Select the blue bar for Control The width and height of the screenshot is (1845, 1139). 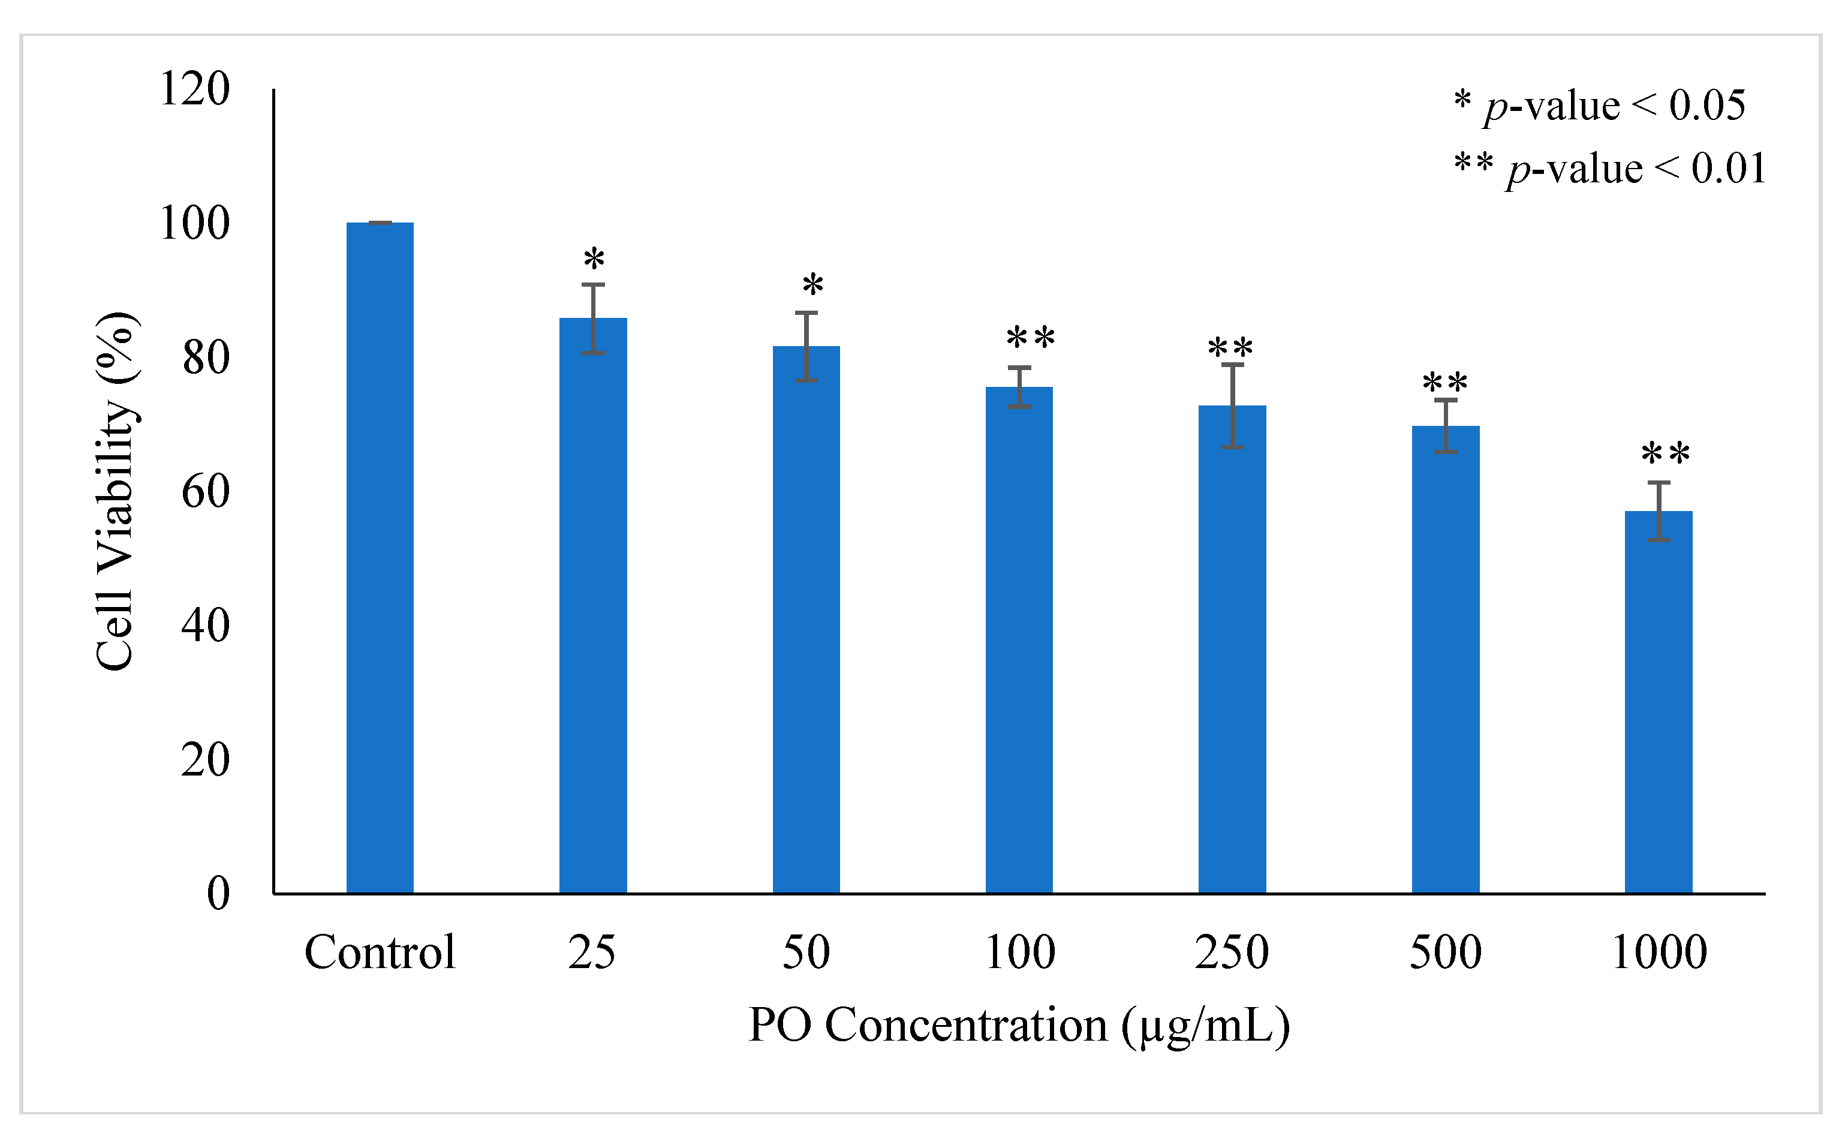tap(380, 557)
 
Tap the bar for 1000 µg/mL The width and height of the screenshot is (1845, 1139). tap(1659, 701)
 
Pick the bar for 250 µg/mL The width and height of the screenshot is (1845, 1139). tap(1232, 648)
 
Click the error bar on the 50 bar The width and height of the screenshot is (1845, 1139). tap(806, 347)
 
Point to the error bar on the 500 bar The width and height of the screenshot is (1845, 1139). tap(1445, 426)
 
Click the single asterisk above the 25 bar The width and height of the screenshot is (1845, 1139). tap(594, 260)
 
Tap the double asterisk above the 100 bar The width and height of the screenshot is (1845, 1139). tap(1030, 338)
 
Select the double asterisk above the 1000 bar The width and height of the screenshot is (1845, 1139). tap(1665, 454)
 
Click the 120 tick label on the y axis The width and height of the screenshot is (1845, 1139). tap(194, 89)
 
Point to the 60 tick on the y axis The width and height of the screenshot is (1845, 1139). tap(205, 492)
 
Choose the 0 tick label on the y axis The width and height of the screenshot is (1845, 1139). tap(218, 894)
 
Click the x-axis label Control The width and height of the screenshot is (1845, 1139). tap(380, 952)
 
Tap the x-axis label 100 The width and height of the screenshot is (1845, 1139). tap(1020, 952)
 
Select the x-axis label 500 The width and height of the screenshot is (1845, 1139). tap(1445, 952)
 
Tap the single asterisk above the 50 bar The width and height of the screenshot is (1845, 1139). tap(812, 285)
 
